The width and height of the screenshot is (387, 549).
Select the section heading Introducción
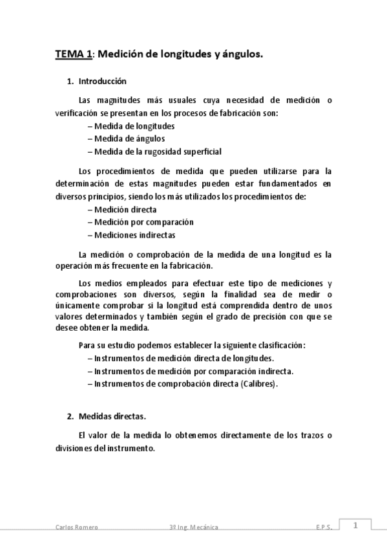(102, 82)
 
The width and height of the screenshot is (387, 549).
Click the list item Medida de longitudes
(134, 126)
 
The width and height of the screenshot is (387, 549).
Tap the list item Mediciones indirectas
(134, 235)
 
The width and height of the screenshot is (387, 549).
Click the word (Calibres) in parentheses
(259, 384)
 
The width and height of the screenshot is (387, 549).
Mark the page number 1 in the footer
(355, 526)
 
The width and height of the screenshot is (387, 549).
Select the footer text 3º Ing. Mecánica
(190, 528)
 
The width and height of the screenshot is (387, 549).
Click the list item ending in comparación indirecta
(194, 371)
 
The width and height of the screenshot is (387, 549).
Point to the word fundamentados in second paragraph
(283, 184)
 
